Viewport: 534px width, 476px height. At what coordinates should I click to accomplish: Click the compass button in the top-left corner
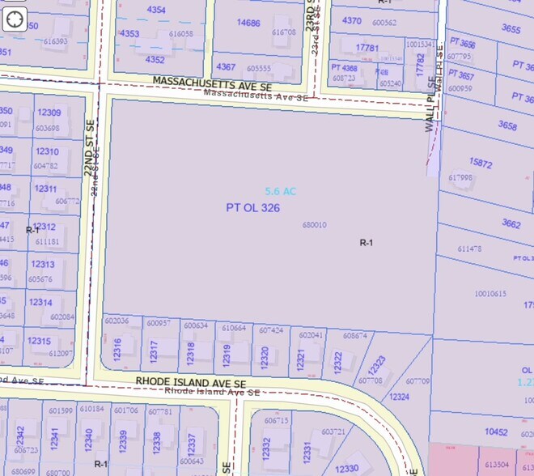pyautogui.click(x=15, y=19)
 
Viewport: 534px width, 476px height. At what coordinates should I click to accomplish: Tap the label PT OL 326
pyautogui.click(x=253, y=208)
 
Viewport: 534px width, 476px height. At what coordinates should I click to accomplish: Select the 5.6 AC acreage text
pyautogui.click(x=281, y=191)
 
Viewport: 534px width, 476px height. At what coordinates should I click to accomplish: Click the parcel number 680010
pyautogui.click(x=314, y=225)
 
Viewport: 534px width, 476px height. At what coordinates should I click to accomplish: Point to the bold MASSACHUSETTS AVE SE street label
pyautogui.click(x=212, y=83)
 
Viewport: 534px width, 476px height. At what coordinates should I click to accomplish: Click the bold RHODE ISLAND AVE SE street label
pyautogui.click(x=191, y=382)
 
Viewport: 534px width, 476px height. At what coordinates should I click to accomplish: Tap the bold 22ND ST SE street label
pyautogui.click(x=91, y=147)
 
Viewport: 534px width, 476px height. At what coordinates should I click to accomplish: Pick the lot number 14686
pyautogui.click(x=248, y=23)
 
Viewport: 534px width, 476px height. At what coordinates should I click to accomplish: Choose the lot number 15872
pyautogui.click(x=481, y=164)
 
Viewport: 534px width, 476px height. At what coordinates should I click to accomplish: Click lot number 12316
pyautogui.click(x=118, y=351)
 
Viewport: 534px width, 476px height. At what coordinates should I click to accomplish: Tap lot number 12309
pyautogui.click(x=49, y=113)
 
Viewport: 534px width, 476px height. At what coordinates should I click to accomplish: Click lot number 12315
pyautogui.click(x=39, y=341)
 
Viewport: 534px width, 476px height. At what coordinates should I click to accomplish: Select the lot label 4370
pyautogui.click(x=352, y=20)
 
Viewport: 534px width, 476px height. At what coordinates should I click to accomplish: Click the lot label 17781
pyautogui.click(x=367, y=48)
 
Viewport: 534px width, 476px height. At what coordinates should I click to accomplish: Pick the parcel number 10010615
pyautogui.click(x=490, y=294)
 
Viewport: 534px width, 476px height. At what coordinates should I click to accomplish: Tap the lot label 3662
pyautogui.click(x=511, y=223)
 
